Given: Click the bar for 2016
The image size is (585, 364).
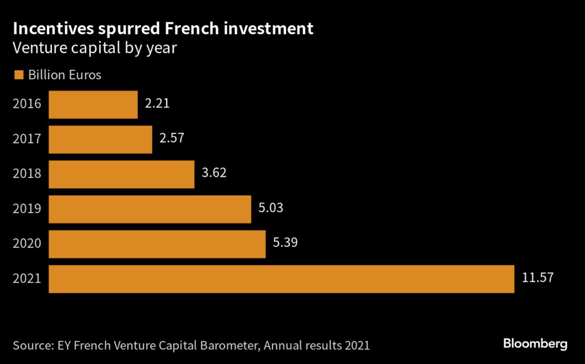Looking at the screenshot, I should tap(93, 104).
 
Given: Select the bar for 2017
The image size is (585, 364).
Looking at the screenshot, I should tap(101, 139).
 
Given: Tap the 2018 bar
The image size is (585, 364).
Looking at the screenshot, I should tap(122, 174).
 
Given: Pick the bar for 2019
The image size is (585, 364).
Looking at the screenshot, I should tap(150, 209).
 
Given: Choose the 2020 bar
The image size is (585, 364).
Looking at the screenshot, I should tap(157, 244).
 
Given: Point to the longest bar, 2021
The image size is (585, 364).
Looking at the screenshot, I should tap(281, 279).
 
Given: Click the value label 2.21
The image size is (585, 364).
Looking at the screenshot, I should tap(157, 104).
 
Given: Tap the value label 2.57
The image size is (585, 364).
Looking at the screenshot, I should tap(172, 139).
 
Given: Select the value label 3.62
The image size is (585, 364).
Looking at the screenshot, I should tap(214, 173).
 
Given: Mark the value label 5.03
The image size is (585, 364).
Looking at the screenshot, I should tap(271, 208).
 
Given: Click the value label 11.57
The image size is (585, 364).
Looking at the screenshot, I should tap(538, 278).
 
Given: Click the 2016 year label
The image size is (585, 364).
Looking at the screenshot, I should tap(27, 104).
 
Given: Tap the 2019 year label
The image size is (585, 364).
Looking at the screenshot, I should tap(27, 209).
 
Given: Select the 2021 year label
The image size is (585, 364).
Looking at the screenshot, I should tap(27, 279).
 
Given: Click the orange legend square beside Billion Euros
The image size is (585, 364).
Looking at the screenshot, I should tap(18, 75).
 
